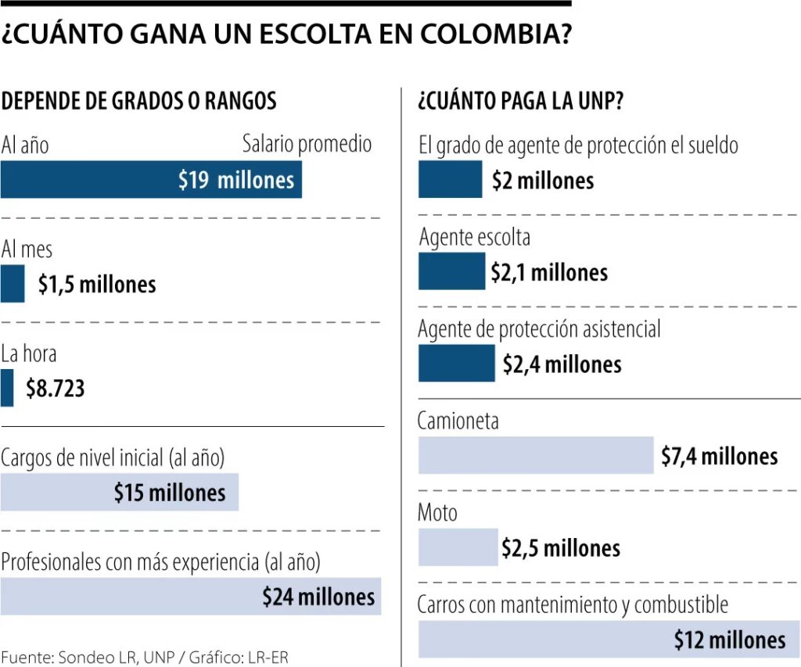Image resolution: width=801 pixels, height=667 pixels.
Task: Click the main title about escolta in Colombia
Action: click(286, 34)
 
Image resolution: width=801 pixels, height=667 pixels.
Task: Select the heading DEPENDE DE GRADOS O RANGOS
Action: click(139, 101)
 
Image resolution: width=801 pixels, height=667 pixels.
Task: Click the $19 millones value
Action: click(236, 181)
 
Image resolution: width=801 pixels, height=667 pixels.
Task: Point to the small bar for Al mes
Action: click(13, 284)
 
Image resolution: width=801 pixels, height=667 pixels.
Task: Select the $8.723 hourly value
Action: click(55, 389)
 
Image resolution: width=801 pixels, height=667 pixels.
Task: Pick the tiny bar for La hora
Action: click(7, 389)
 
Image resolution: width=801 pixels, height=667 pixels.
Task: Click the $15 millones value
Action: click(169, 493)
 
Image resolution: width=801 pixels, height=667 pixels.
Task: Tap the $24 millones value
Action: click(318, 597)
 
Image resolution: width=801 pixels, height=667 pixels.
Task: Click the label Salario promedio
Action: click(307, 144)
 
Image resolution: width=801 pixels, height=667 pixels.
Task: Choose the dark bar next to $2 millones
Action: click(450, 179)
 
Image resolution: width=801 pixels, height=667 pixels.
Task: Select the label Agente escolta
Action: click(474, 237)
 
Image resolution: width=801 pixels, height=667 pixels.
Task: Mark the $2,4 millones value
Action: click(562, 364)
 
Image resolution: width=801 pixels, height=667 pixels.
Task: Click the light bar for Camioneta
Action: click(535, 455)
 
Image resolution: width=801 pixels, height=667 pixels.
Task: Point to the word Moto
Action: click(437, 513)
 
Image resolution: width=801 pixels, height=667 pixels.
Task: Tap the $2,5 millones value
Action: click(561, 547)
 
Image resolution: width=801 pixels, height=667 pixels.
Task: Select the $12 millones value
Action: click(729, 640)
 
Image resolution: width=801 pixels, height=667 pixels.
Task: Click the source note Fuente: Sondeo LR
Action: click(145, 658)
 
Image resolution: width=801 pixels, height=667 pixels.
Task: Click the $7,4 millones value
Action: click(719, 456)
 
